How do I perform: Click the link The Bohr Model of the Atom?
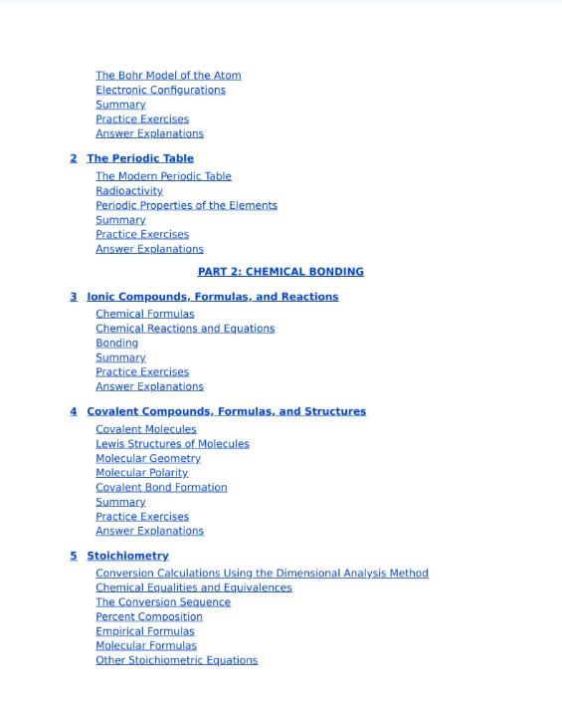coord(168,76)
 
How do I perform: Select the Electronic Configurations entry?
coord(160,90)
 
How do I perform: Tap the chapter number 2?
coord(74,158)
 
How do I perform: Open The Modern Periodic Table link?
coord(163,176)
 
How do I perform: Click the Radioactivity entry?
coord(129,191)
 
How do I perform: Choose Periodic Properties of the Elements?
coord(186,205)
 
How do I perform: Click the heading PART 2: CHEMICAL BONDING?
coord(281,272)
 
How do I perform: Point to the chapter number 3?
coord(74,297)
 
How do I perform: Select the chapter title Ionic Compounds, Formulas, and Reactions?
coord(212,297)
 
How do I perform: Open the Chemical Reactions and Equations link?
coord(185,329)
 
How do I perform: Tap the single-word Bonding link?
coord(116,343)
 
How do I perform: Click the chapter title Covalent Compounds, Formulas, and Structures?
coord(226,411)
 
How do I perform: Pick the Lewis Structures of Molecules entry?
coord(172,444)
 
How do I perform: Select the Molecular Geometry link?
coord(148,459)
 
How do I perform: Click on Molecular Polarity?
coord(141,473)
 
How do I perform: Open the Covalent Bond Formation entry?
coord(161,488)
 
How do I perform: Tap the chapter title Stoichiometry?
coord(127,556)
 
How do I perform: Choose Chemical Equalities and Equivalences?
coord(194,587)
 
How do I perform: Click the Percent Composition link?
coord(149,616)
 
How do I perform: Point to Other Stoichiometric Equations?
coord(176,660)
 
